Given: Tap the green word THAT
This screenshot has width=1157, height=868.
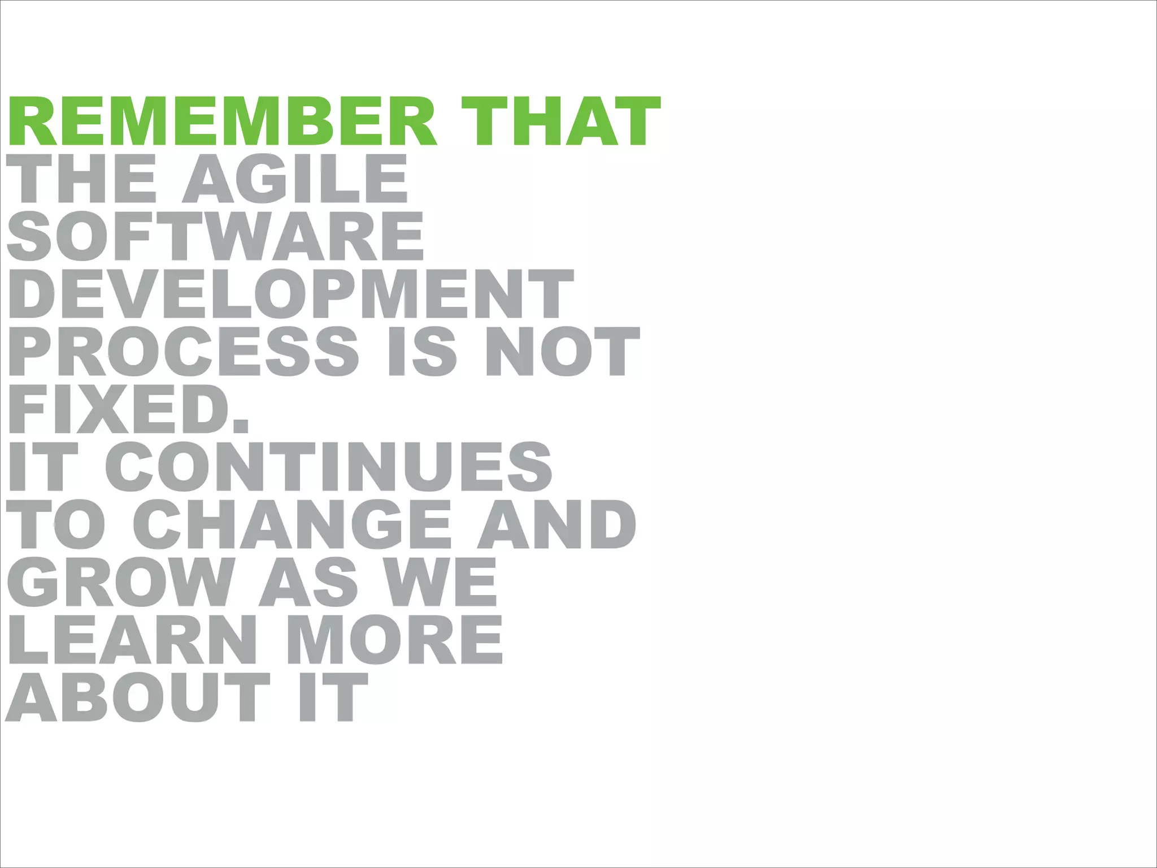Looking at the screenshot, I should pos(560,121).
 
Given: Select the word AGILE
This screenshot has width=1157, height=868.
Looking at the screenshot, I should pos(295,179).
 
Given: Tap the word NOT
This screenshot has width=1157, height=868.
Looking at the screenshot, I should pos(563,351).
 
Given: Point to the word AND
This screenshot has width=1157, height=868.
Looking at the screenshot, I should pos(557,524).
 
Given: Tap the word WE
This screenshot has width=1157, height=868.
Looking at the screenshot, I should pos(441,582).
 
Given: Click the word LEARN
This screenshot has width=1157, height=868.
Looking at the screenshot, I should pos(132,640).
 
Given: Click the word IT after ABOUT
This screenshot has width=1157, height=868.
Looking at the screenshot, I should pos(333,697).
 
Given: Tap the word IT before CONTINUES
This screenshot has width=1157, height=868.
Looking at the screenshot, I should pos(43,467).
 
